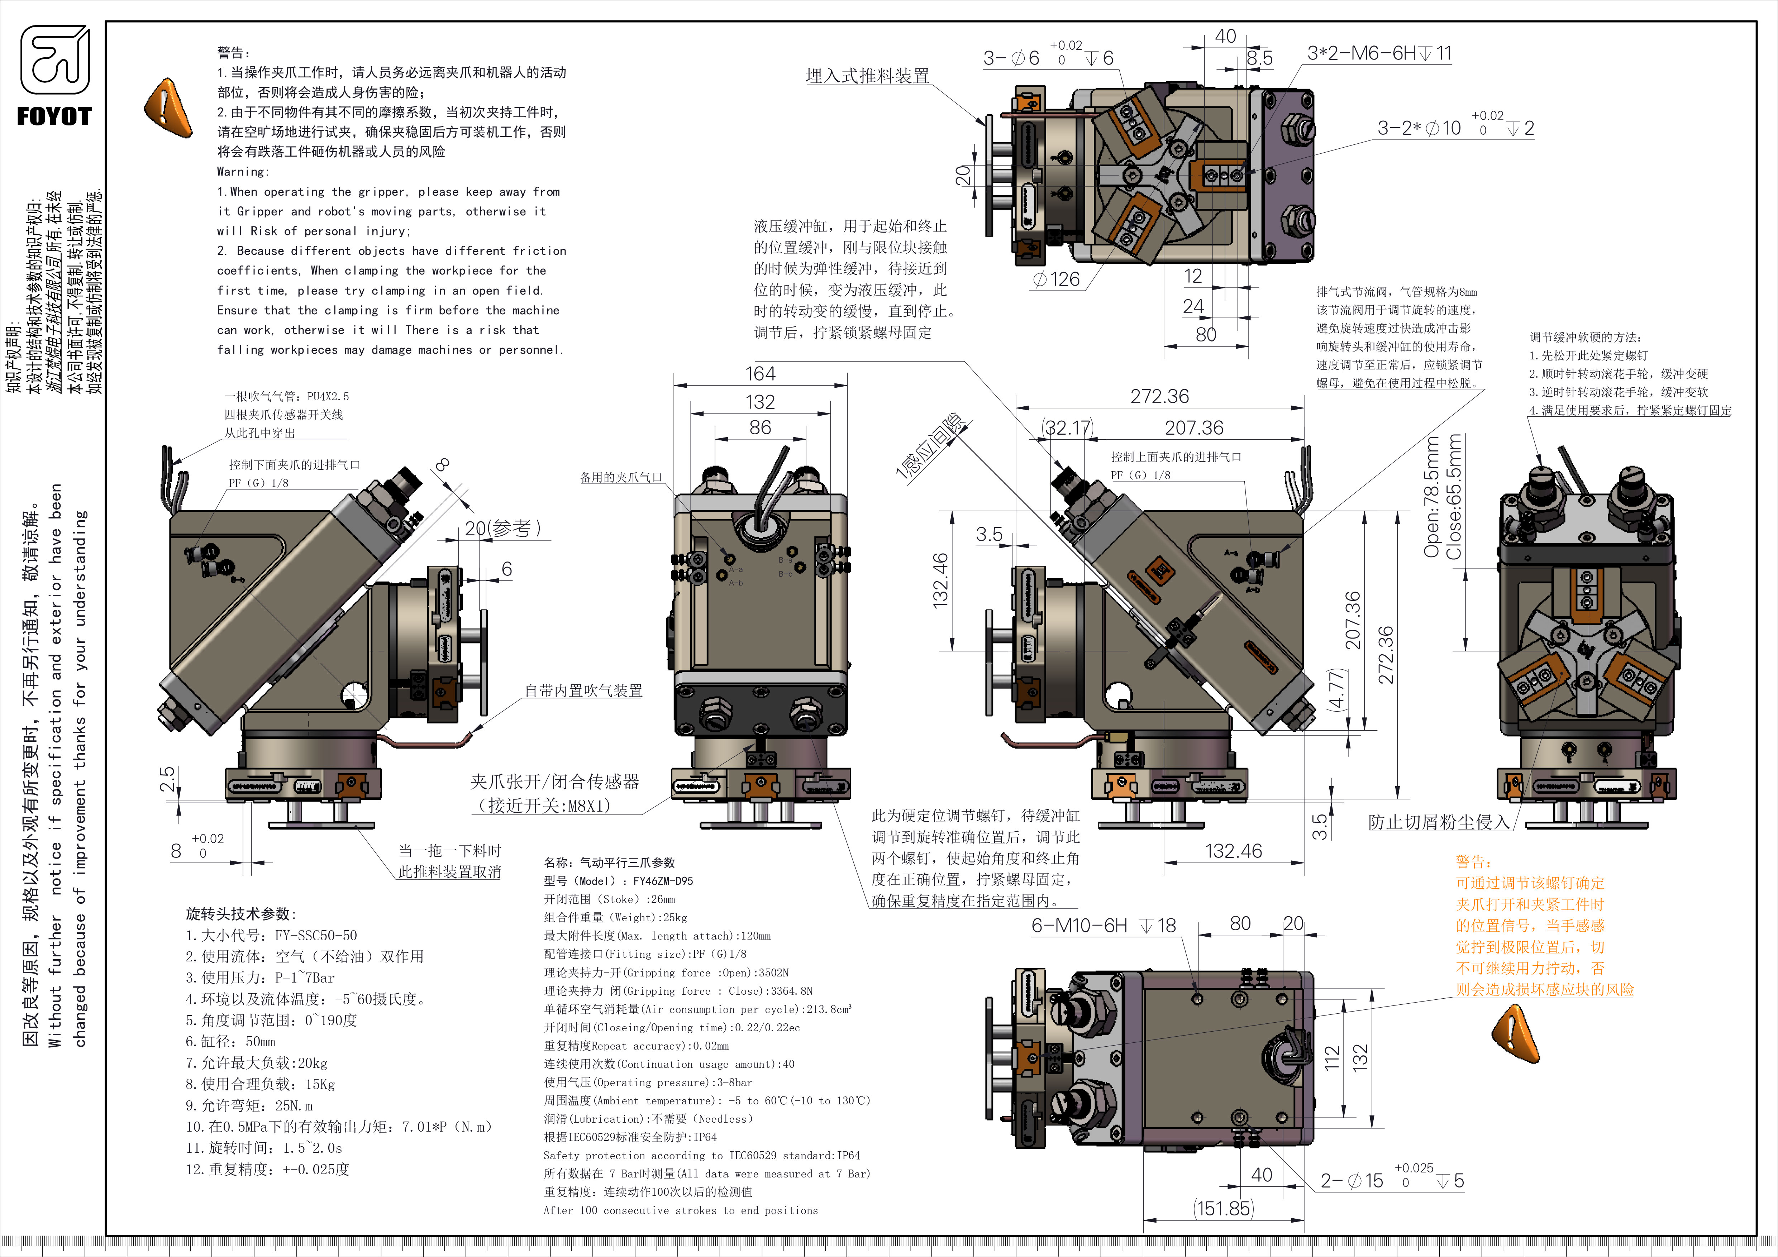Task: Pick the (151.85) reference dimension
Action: [x=1224, y=1208]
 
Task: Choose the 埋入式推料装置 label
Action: [x=867, y=76]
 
